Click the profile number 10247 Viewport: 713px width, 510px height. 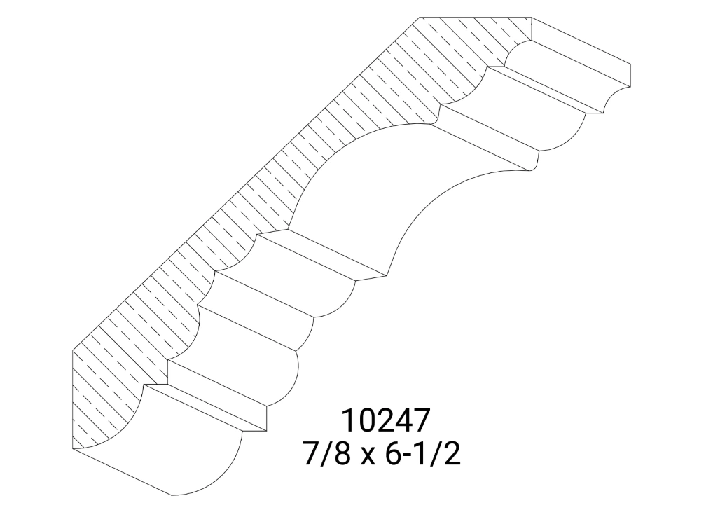click(384, 421)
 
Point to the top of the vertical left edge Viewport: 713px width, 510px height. click(74, 350)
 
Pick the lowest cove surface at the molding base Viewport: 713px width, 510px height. click(189, 448)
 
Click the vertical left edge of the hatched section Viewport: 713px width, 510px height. click(74, 399)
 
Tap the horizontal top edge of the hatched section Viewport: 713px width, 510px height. click(476, 18)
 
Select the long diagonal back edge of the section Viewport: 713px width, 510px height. click(245, 186)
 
